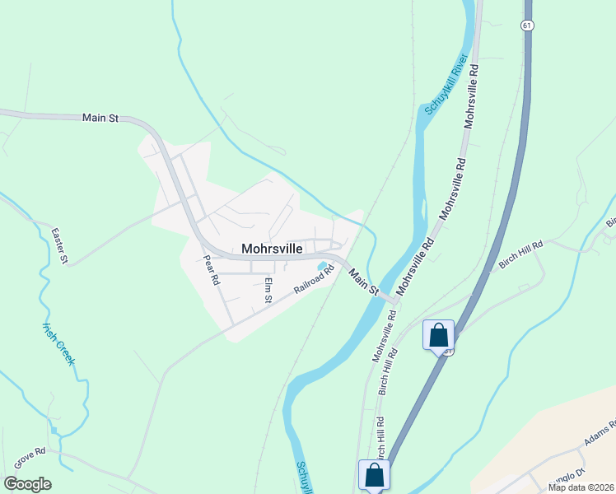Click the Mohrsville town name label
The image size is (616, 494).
tap(273, 248)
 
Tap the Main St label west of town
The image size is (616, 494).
tap(100, 119)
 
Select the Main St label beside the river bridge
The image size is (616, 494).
tap(362, 281)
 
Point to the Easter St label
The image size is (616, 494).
tap(58, 246)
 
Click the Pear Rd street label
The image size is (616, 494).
tap(212, 270)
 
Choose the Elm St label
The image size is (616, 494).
tap(268, 291)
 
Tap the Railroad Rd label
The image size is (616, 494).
tap(315, 280)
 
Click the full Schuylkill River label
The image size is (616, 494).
tap(446, 85)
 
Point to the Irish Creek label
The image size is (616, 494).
tap(58, 343)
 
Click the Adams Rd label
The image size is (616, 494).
tap(600, 437)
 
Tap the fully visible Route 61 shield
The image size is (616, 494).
tap(525, 26)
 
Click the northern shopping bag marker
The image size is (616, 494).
tap(438, 336)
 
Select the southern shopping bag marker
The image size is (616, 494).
tap(374, 476)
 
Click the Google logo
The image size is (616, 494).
tap(27, 484)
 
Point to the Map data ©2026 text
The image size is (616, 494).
tap(580, 487)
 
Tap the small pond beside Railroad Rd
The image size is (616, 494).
tap(320, 266)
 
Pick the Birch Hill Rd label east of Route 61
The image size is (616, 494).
tap(520, 254)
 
